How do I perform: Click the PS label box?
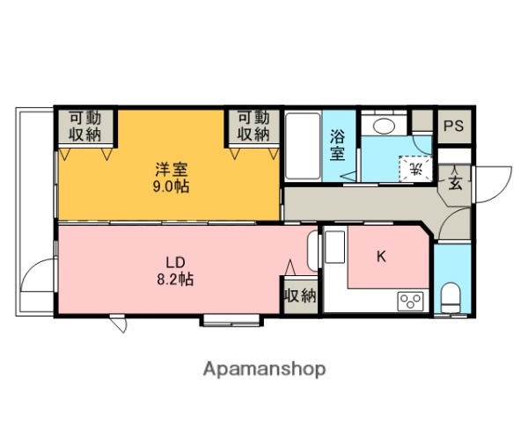[452, 126]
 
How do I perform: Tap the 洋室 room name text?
[172, 170]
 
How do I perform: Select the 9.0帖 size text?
[172, 186]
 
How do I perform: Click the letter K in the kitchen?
[382, 257]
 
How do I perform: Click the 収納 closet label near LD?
[299, 295]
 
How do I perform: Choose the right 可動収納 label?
[252, 126]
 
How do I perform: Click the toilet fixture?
[451, 295]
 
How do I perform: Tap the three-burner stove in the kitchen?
[411, 302]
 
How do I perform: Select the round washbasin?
[384, 125]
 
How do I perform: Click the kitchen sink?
[334, 247]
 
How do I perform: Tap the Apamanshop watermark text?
[264, 369]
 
